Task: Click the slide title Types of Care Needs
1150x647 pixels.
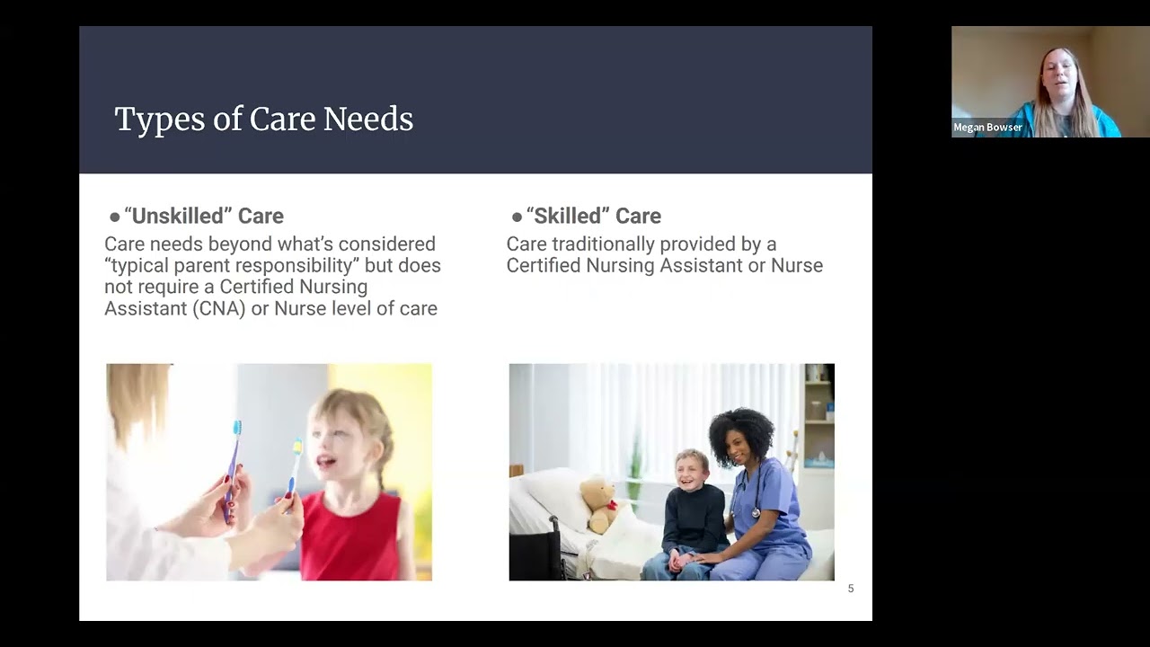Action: pos(263,120)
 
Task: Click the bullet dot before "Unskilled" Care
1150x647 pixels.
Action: pos(114,217)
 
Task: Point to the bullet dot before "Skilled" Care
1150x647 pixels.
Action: pos(517,217)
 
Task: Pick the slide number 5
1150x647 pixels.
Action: pos(851,589)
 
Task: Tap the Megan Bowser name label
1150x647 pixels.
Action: pos(987,128)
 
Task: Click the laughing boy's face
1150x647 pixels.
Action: pos(691,469)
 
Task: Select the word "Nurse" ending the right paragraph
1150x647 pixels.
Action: pos(796,265)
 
